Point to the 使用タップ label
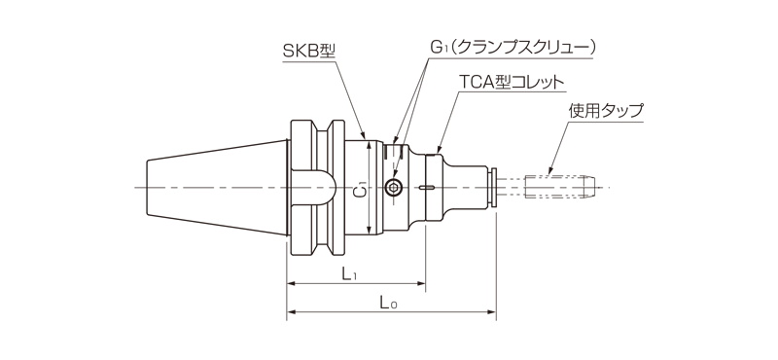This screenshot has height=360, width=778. [x=606, y=111]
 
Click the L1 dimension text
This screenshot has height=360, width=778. [x=350, y=274]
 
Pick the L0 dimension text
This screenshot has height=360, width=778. [x=387, y=305]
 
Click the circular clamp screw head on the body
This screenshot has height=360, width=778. [x=394, y=187]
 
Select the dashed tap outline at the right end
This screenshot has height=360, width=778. [x=560, y=187]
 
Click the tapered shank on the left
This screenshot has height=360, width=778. [x=214, y=187]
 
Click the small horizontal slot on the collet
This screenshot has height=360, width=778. [x=429, y=187]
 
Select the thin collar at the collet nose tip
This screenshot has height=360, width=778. [x=495, y=187]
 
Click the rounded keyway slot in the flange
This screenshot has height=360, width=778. [x=316, y=187]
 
